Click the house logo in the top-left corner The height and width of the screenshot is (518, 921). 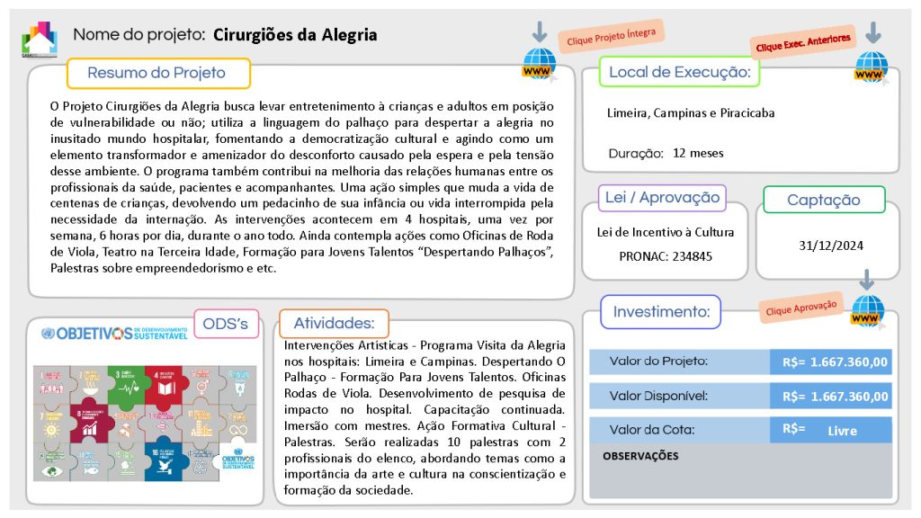pyautogui.click(x=39, y=38)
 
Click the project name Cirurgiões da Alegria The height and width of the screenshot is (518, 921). pyautogui.click(x=295, y=35)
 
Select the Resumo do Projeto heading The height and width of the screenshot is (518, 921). pyautogui.click(x=157, y=73)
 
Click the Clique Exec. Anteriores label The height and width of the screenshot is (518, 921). pyautogui.click(x=803, y=42)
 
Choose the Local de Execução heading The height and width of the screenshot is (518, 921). pyautogui.click(x=680, y=72)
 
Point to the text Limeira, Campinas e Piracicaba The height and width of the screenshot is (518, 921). pyautogui.click(x=691, y=113)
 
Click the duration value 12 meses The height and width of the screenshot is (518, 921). pyautogui.click(x=698, y=153)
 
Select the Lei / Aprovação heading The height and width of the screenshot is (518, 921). pyautogui.click(x=662, y=198)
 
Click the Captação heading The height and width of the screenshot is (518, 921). pyautogui.click(x=824, y=201)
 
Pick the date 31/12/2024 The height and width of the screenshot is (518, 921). pyautogui.click(x=824, y=245)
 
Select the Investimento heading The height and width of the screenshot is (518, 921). pyautogui.click(x=661, y=312)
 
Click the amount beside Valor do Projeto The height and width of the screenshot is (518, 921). pyautogui.click(x=836, y=362)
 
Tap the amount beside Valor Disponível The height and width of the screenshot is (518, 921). pyautogui.click(x=836, y=396)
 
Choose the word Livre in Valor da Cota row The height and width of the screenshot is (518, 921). pyautogui.click(x=842, y=431)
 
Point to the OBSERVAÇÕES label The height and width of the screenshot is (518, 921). pyautogui.click(x=640, y=456)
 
